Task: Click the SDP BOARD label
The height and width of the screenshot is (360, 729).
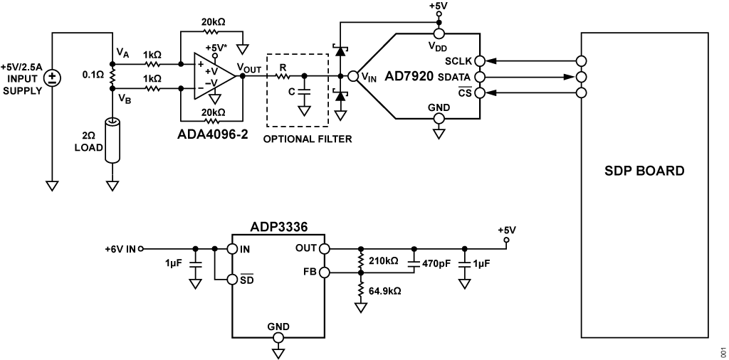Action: click(644, 171)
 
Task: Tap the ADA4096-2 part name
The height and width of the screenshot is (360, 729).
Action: click(212, 134)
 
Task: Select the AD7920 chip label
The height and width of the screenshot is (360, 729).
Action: click(409, 76)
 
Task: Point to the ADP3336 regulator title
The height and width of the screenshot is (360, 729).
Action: click(278, 228)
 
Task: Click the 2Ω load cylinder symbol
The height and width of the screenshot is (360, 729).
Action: click(112, 141)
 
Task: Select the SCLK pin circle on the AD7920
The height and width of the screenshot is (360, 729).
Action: click(479, 60)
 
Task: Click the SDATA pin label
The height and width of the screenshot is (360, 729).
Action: click(454, 77)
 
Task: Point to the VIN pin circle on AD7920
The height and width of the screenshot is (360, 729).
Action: click(353, 76)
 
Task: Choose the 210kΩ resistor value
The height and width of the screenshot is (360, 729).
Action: click(382, 261)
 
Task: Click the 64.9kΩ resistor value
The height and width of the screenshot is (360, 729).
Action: click(385, 291)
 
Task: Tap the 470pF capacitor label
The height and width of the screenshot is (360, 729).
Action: click(436, 263)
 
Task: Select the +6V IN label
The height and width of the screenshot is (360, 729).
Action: click(120, 249)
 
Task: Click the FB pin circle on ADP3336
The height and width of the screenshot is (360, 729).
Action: click(325, 272)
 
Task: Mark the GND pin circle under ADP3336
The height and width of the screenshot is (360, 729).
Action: click(278, 338)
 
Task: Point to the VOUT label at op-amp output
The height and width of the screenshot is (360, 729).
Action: click(250, 69)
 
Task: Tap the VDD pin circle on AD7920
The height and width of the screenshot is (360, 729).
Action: click(439, 33)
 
